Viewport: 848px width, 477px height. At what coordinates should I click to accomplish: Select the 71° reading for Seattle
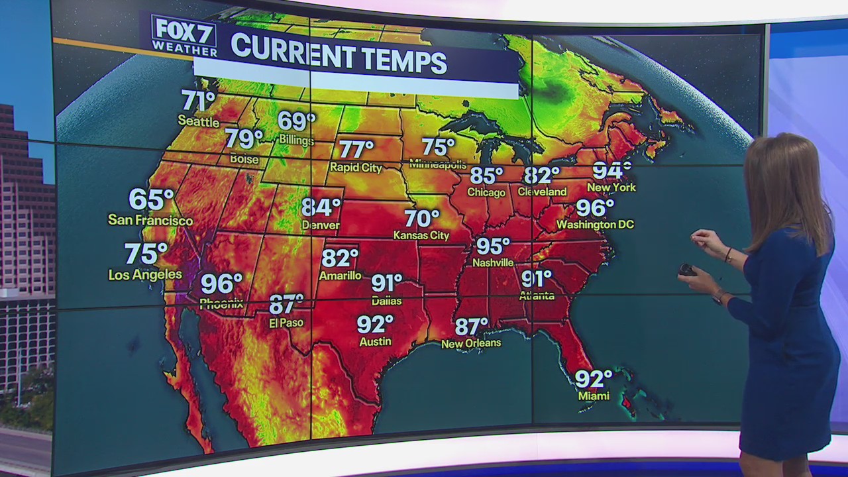[x=198, y=101]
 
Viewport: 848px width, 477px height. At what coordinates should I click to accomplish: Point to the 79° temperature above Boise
[x=243, y=139]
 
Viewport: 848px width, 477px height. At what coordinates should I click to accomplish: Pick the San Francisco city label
[x=150, y=221]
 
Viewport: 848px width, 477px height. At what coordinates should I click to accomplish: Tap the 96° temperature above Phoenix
[x=221, y=284]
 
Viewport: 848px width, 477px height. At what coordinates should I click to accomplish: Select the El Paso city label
[x=286, y=323]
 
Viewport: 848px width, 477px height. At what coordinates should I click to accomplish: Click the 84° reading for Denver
[x=321, y=208]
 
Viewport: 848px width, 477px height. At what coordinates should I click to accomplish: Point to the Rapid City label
[x=356, y=168]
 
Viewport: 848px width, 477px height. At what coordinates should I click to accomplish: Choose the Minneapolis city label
[x=438, y=164]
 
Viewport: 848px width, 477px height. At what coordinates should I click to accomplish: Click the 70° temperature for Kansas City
[x=422, y=218]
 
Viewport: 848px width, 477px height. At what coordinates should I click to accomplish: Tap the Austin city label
[x=375, y=342]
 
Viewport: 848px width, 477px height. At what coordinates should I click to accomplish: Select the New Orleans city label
[x=471, y=343]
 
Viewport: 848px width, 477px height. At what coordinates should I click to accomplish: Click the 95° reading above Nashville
[x=493, y=246]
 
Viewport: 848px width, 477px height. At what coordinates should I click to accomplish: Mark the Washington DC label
[x=595, y=225]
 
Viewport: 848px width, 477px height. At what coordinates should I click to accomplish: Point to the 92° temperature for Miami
[x=593, y=380]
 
